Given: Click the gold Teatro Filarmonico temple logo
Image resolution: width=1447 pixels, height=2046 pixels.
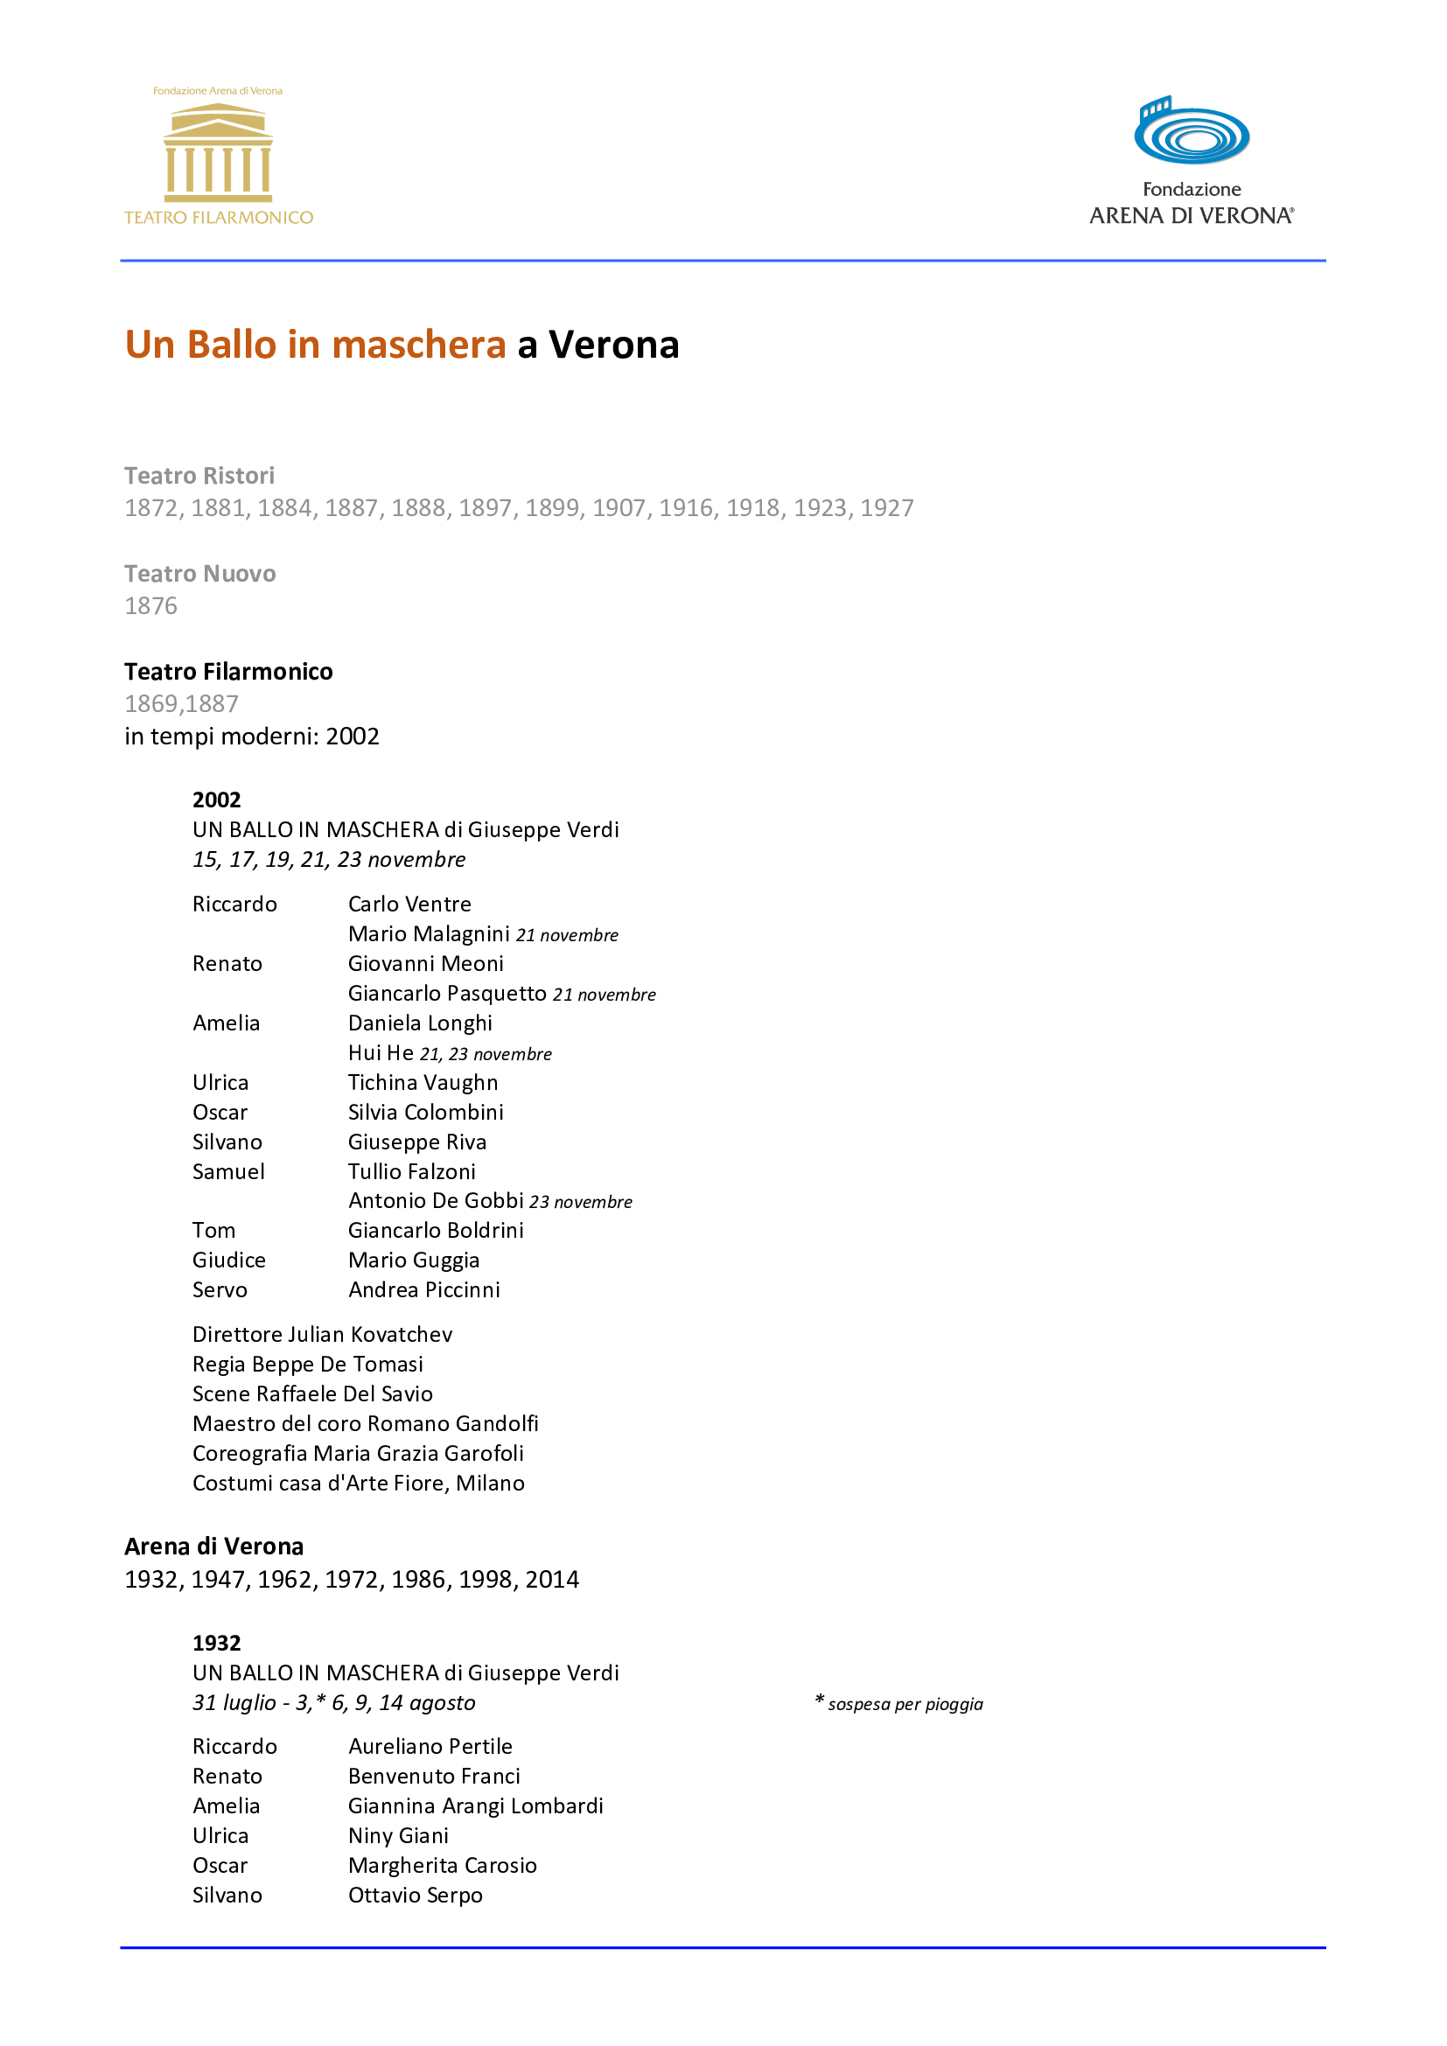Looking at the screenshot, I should (219, 151).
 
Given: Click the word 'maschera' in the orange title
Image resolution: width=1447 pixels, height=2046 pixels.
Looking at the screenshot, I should (418, 345).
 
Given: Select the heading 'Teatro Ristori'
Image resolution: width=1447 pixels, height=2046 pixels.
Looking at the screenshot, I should (199, 475).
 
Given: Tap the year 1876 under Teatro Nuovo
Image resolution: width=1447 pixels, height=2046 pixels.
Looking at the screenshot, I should (150, 606).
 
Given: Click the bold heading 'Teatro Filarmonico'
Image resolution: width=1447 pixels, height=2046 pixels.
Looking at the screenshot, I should (228, 671).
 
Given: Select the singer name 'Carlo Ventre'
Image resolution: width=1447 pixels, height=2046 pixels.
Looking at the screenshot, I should (409, 904).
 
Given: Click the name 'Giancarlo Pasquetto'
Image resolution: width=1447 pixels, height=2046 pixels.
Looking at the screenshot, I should (446, 993).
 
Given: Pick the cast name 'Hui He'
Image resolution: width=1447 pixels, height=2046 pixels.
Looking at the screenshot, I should (381, 1052).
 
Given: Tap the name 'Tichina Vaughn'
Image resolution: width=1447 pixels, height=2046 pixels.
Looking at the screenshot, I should (423, 1082).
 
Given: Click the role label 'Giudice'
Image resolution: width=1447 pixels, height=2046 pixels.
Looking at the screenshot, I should (229, 1260).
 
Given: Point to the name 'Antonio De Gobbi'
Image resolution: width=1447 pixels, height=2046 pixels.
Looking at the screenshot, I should (436, 1200).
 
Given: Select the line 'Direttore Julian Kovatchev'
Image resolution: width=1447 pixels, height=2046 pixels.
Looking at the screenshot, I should (323, 1334).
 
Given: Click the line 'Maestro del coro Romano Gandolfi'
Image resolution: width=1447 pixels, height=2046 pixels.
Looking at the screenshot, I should (366, 1423).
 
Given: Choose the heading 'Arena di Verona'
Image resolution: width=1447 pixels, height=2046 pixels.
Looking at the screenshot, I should (213, 1546).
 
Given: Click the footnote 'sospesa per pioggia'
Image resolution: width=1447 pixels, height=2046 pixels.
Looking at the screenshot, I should (905, 1704).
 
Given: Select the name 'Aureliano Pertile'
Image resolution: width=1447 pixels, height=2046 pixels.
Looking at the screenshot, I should (430, 1746).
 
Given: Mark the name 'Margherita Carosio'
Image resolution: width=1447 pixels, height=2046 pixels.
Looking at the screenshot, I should (442, 1865).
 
